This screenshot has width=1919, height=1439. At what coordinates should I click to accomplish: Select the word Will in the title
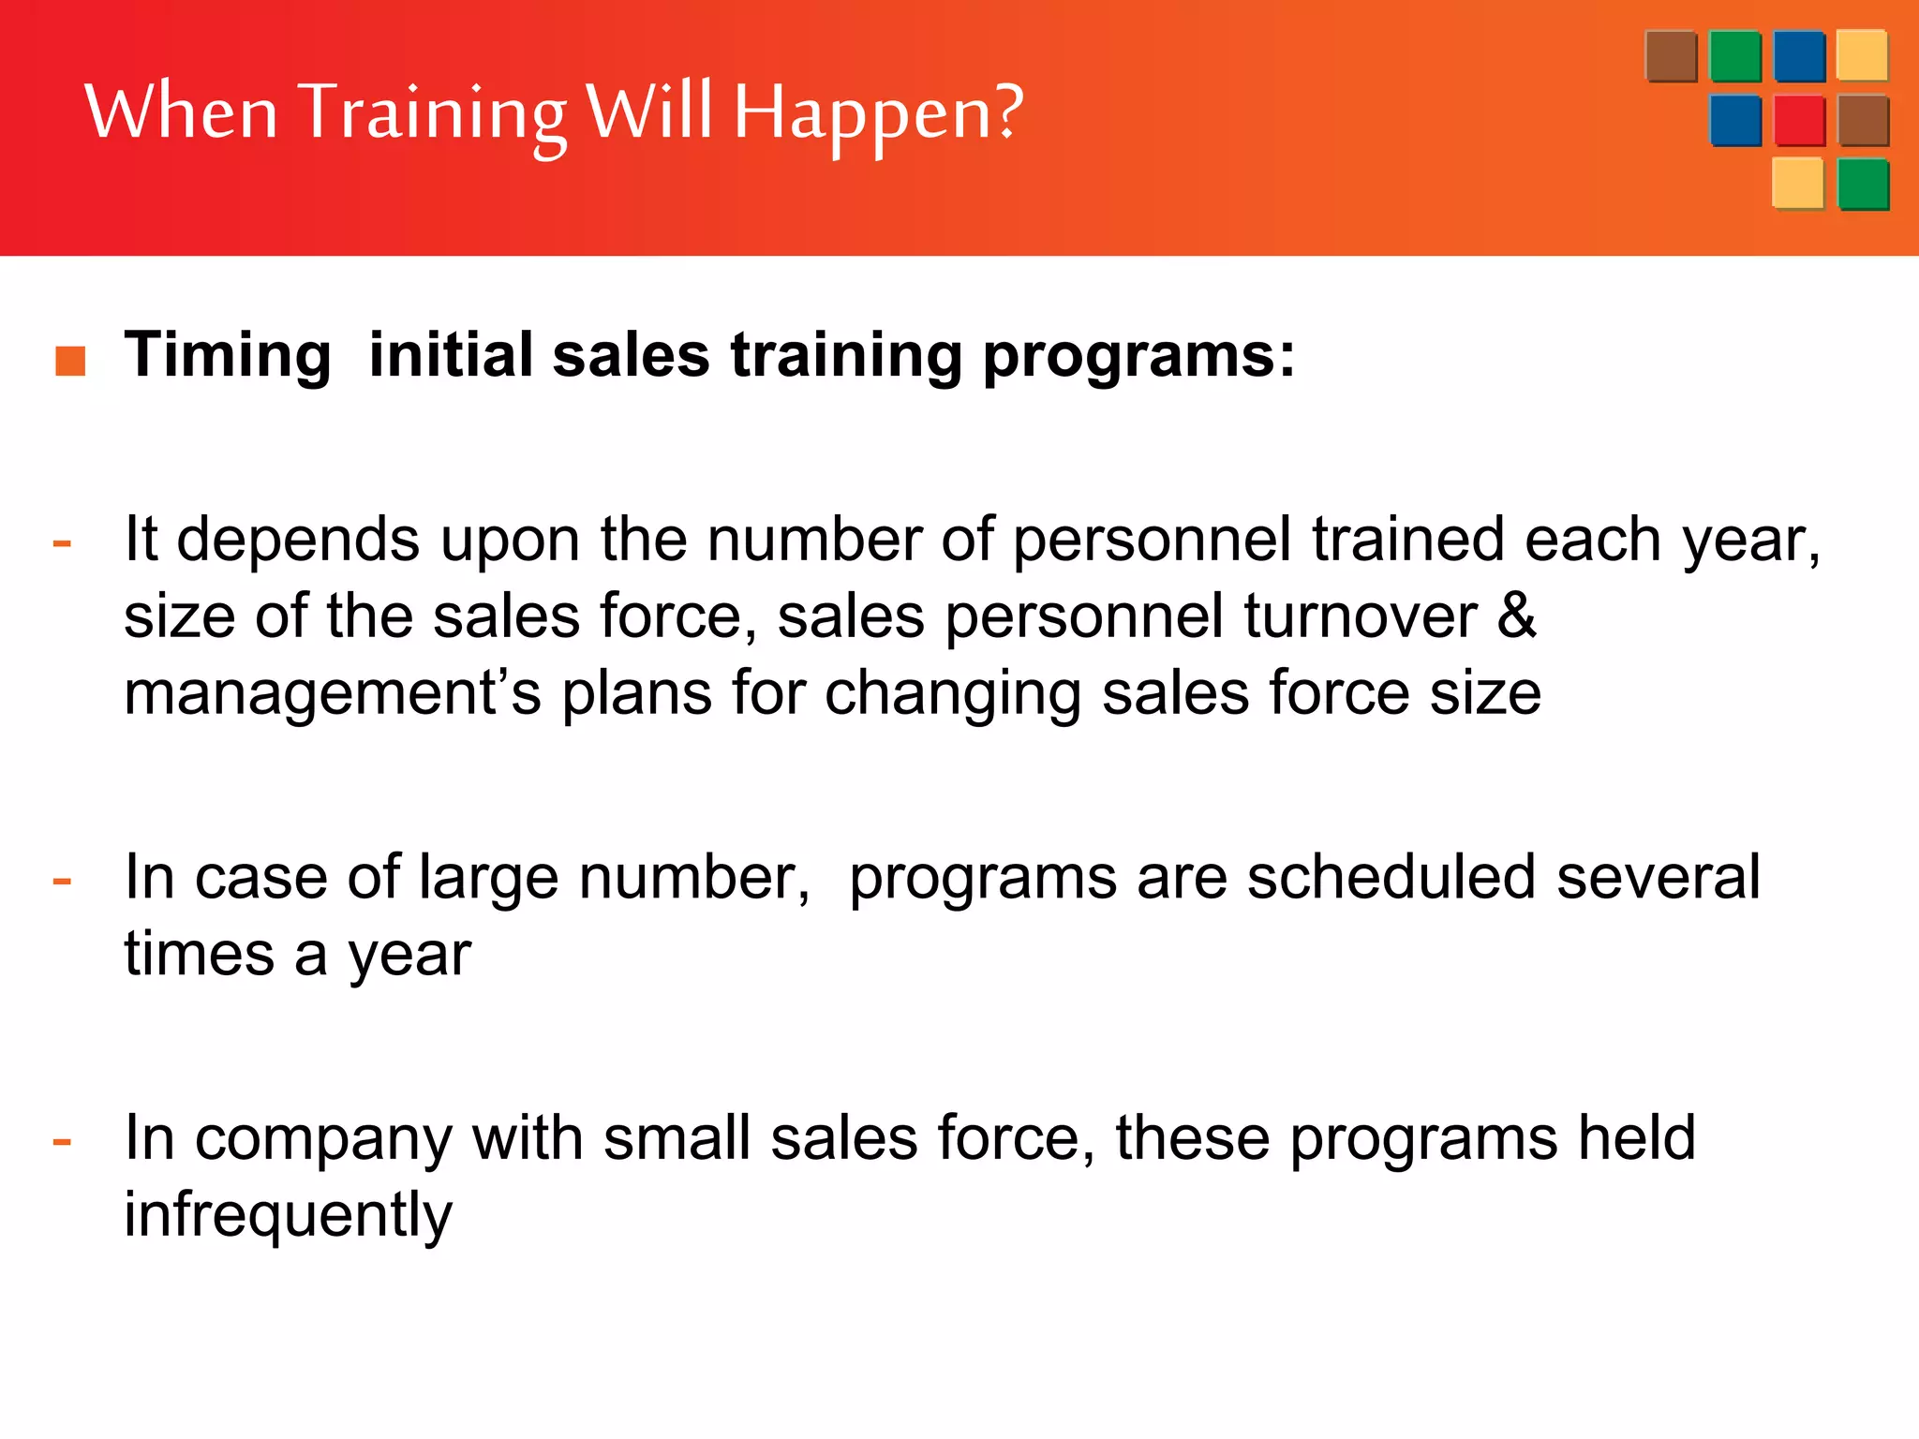pos(649,111)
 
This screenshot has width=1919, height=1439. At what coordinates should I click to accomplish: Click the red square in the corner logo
pos(1799,121)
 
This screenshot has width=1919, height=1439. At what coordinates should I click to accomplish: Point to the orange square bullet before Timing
pos(70,361)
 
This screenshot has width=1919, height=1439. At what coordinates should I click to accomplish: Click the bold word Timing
pos(228,356)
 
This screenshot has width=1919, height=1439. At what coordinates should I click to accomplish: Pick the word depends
pos(298,541)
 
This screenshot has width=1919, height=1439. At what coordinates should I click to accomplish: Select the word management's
pos(333,694)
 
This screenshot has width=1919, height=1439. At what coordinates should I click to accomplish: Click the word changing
pos(953,694)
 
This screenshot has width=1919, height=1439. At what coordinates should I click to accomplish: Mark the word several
pos(1659,877)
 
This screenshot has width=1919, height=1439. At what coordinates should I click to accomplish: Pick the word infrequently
pos(289,1216)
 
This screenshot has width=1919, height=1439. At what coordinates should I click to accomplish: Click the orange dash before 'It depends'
pos(63,542)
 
